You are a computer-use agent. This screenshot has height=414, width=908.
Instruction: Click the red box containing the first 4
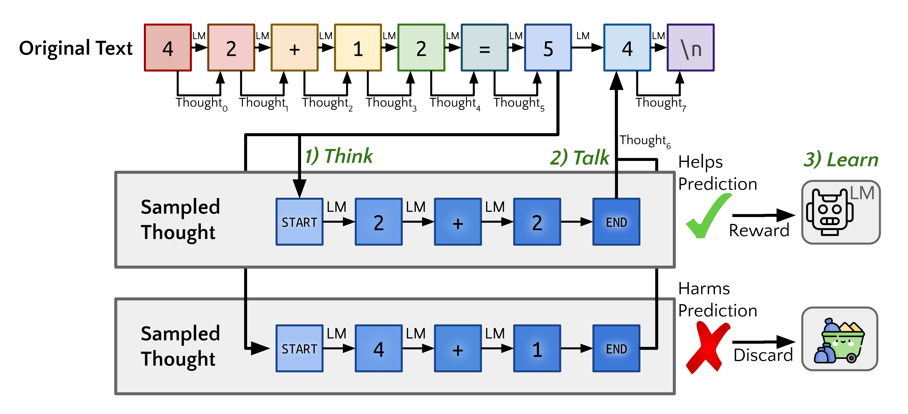(168, 48)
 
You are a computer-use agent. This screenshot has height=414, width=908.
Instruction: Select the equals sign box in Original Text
(485, 48)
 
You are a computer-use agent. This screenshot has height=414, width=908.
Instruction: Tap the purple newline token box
(691, 48)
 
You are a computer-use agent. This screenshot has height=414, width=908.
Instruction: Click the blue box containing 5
(548, 48)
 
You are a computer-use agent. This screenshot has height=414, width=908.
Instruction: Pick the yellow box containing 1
(358, 48)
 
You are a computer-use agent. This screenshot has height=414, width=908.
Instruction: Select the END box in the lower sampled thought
(616, 348)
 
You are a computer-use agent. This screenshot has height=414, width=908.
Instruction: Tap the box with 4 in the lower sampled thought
(378, 348)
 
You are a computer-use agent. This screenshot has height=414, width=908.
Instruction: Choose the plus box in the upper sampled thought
(458, 222)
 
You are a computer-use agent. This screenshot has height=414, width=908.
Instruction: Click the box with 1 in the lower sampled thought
(537, 348)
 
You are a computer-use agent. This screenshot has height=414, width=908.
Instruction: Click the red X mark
(708, 347)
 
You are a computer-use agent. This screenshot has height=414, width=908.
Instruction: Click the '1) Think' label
(339, 156)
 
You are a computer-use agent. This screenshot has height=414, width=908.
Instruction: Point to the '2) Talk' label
(580, 158)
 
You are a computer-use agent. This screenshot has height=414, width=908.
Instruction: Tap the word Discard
(763, 355)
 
